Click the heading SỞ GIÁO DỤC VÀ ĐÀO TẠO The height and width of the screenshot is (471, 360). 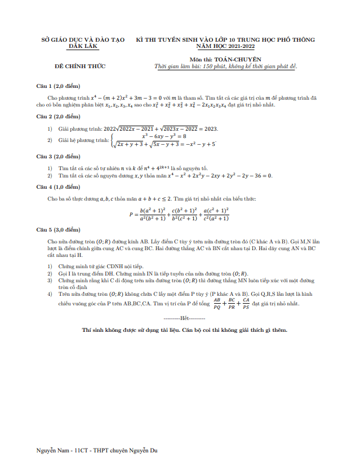coord(83,40)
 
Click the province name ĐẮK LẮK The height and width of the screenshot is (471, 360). coord(83,46)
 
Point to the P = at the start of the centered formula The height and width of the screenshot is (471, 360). coord(133,214)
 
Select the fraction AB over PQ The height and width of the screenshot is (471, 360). coord(217,304)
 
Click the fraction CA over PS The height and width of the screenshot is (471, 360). coord(246,304)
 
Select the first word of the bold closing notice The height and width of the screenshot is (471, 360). coord(87,330)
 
